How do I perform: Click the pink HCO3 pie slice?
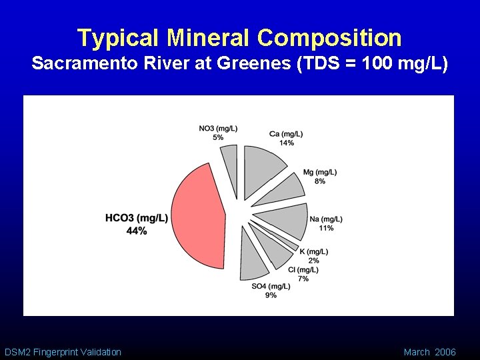tap(197, 217)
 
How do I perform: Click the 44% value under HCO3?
tap(136, 231)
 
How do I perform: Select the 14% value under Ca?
tap(286, 143)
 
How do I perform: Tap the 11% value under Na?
tap(326, 228)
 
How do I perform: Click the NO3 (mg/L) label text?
tap(218, 128)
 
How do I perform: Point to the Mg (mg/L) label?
tap(320, 172)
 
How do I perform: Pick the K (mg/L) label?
tap(313, 251)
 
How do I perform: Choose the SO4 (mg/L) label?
tap(271, 286)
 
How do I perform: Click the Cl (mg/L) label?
tap(303, 269)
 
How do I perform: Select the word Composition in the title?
tap(330, 38)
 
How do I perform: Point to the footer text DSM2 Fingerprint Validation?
tap(63, 351)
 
